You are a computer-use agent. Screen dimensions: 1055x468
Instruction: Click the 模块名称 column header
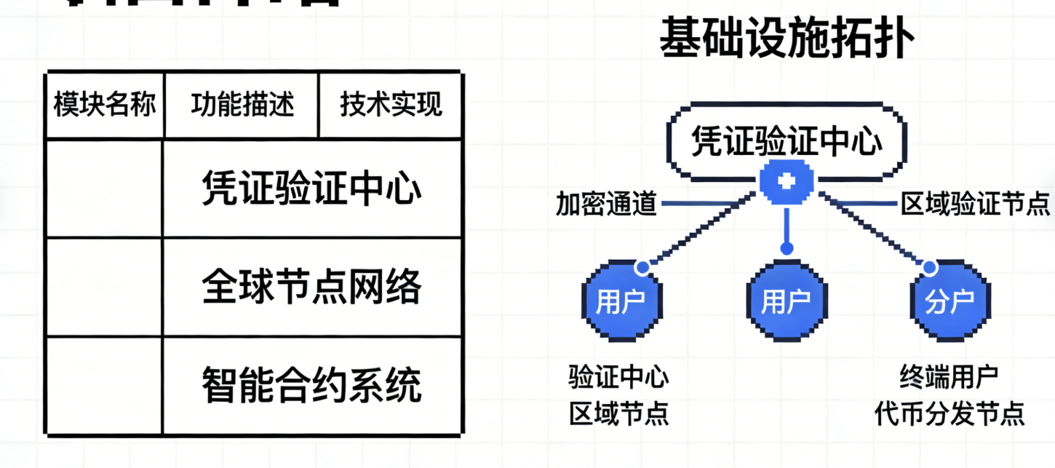pyautogui.click(x=105, y=106)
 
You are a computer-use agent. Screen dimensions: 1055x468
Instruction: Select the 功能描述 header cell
pyautogui.click(x=242, y=106)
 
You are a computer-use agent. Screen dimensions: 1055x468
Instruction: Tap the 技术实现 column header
pyautogui.click(x=391, y=106)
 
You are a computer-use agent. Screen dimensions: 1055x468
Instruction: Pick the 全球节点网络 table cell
pyautogui.click(x=311, y=287)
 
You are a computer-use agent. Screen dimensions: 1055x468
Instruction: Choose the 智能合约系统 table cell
pyautogui.click(x=311, y=384)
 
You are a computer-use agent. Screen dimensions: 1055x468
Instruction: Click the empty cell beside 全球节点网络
pyautogui.click(x=104, y=287)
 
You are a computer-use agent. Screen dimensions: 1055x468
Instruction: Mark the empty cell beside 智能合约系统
pyautogui.click(x=104, y=384)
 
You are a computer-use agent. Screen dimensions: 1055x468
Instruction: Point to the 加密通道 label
pyautogui.click(x=606, y=203)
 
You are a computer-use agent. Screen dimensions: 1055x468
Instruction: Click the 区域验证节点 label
pyautogui.click(x=974, y=203)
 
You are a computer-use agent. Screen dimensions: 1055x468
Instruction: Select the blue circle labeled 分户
pyautogui.click(x=949, y=301)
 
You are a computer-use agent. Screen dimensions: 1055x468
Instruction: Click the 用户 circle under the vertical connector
pyautogui.click(x=785, y=301)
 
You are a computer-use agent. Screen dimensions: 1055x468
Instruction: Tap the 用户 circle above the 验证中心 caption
pyautogui.click(x=619, y=301)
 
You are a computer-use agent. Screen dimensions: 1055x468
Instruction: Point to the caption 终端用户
pyautogui.click(x=949, y=377)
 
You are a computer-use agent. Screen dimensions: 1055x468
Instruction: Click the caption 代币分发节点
pyautogui.click(x=949, y=414)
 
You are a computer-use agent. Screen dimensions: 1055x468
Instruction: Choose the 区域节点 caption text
pyautogui.click(x=619, y=414)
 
